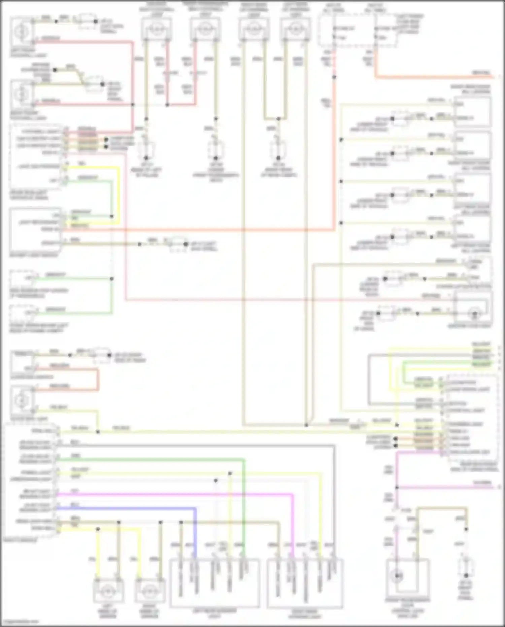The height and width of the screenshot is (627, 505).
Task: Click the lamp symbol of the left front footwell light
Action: [x=21, y=31]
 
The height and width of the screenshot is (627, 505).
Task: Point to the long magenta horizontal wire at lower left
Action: [x=168, y=495]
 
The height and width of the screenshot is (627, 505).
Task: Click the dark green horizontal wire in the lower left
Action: [x=148, y=459]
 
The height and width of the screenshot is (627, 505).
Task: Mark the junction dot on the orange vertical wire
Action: [x=334, y=77]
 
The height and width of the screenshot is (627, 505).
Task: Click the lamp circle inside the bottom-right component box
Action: [x=397, y=576]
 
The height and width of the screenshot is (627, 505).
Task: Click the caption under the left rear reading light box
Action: [x=214, y=613]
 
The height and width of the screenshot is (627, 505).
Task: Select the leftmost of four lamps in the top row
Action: [x=156, y=29]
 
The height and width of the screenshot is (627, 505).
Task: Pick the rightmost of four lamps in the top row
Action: [x=295, y=29]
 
